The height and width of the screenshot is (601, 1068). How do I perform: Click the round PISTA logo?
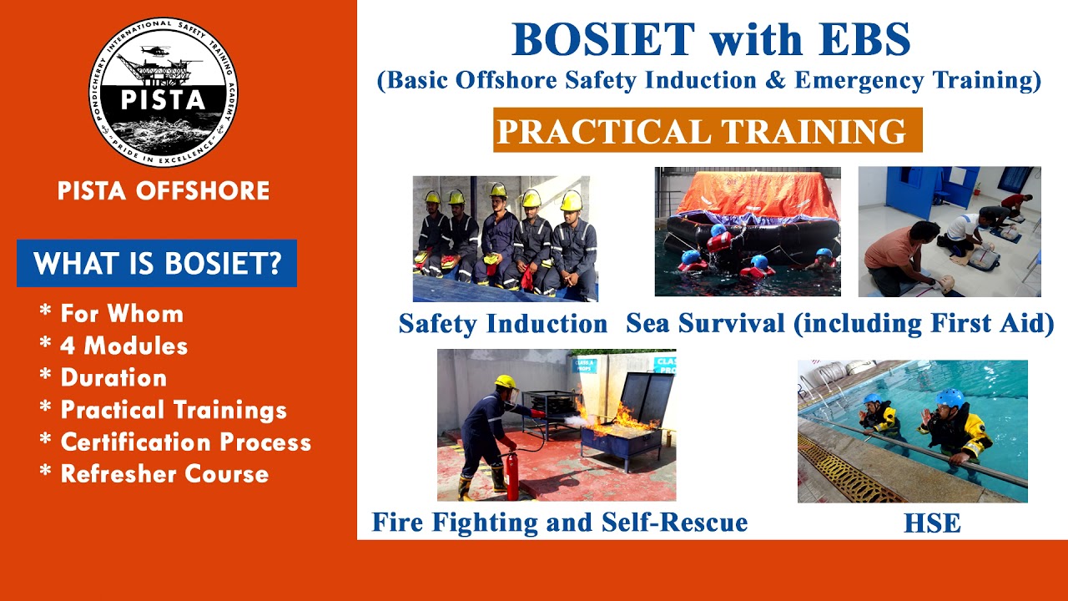tap(164, 92)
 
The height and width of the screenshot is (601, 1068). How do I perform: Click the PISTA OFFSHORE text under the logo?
tap(164, 191)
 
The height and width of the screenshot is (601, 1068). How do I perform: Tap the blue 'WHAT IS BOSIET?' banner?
tap(157, 264)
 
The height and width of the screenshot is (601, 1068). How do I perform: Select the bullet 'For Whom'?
tap(121, 315)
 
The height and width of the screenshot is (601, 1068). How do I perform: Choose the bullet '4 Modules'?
tap(123, 346)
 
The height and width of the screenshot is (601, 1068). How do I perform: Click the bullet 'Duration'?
tap(113, 378)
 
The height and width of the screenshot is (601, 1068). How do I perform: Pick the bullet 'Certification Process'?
tap(185, 442)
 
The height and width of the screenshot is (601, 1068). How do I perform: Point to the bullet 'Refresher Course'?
tap(164, 474)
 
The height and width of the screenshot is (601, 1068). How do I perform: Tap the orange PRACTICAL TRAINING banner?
tap(708, 131)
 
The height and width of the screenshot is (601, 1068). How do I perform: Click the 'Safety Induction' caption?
tap(503, 323)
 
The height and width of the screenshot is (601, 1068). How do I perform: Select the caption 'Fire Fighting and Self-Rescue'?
tap(560, 523)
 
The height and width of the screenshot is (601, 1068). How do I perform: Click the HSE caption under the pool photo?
tap(932, 523)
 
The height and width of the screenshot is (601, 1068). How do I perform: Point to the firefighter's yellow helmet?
tap(505, 382)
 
